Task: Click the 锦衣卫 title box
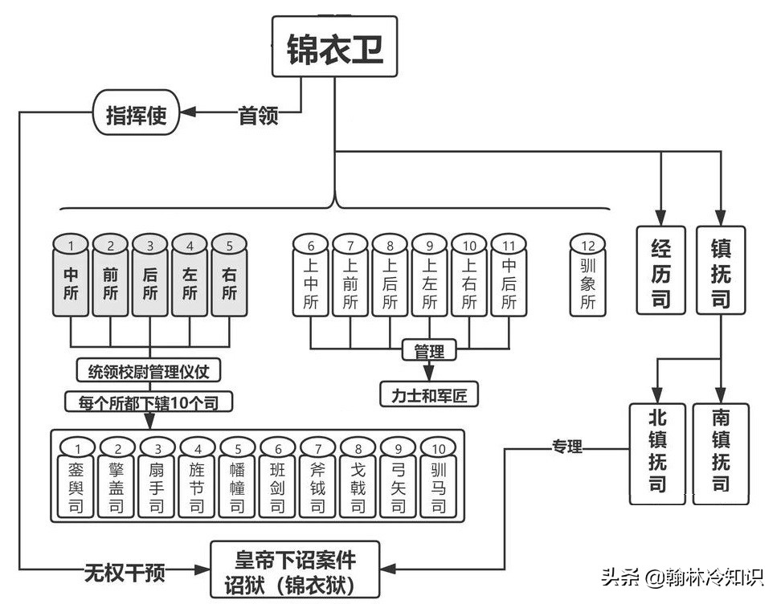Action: tap(335, 47)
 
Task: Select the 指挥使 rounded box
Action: tap(136, 115)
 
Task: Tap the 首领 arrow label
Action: tap(259, 116)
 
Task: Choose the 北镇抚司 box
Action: tap(658, 453)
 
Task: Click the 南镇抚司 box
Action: tap(722, 453)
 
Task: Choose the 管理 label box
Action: tap(429, 350)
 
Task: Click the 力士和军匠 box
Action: tap(429, 394)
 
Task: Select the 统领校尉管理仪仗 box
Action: tap(149, 370)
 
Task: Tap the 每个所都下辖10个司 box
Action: tap(149, 401)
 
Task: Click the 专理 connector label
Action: tap(566, 447)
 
